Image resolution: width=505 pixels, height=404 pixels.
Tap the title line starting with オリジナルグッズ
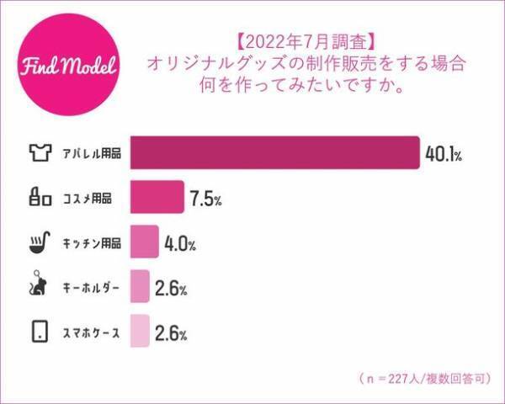click(306, 63)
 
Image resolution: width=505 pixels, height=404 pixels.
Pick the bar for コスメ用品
click(157, 199)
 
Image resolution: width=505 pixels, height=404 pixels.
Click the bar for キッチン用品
click(145, 244)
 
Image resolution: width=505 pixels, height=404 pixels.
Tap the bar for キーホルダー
click(141, 288)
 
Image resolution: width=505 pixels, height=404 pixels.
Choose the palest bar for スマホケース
click(141, 332)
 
